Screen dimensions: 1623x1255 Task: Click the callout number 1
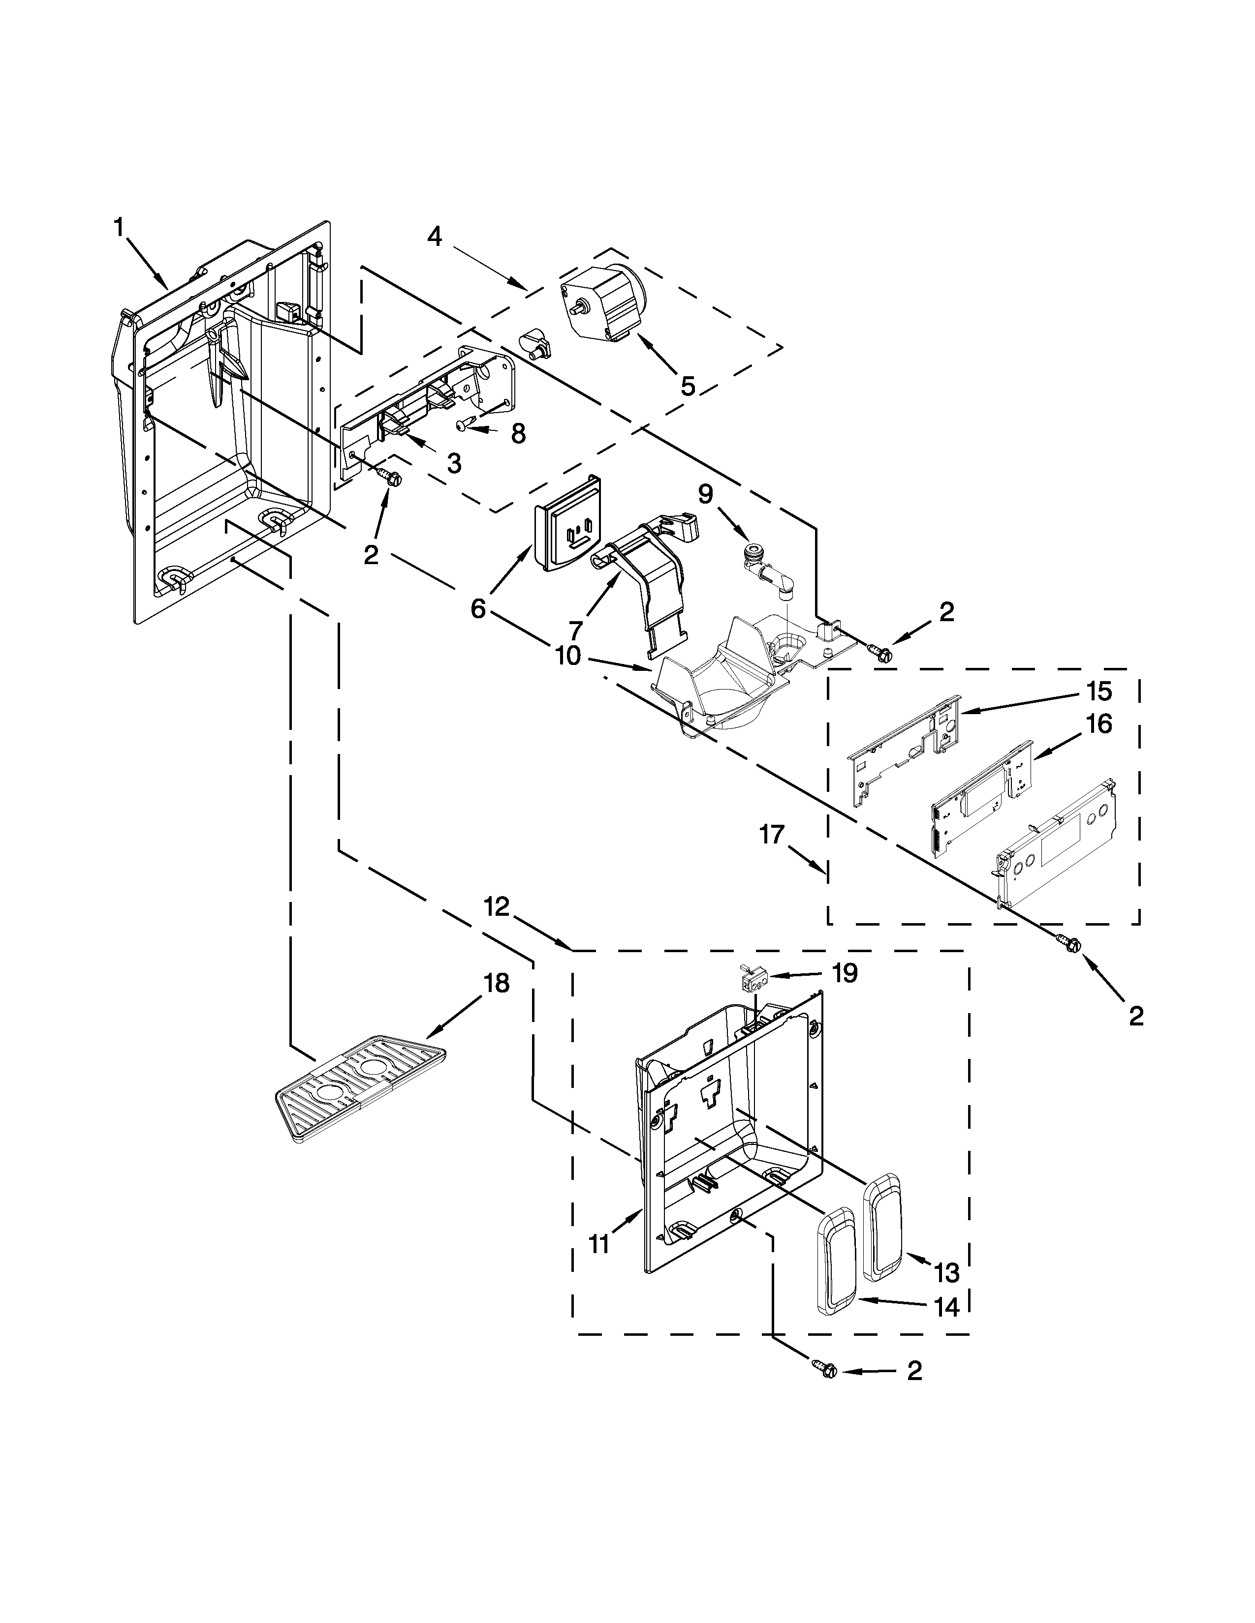point(118,228)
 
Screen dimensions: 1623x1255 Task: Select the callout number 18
point(496,983)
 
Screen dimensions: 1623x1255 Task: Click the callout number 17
point(772,835)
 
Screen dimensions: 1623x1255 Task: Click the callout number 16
point(1098,724)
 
